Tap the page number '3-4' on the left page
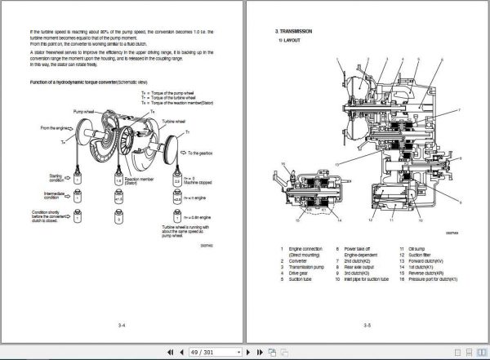click(x=121, y=324)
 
